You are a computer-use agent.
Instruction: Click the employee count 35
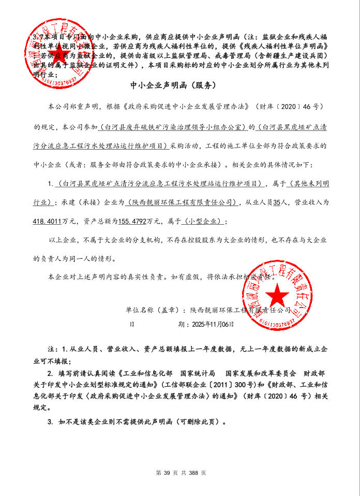click(277, 202)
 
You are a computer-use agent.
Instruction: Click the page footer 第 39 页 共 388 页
click(181, 473)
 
